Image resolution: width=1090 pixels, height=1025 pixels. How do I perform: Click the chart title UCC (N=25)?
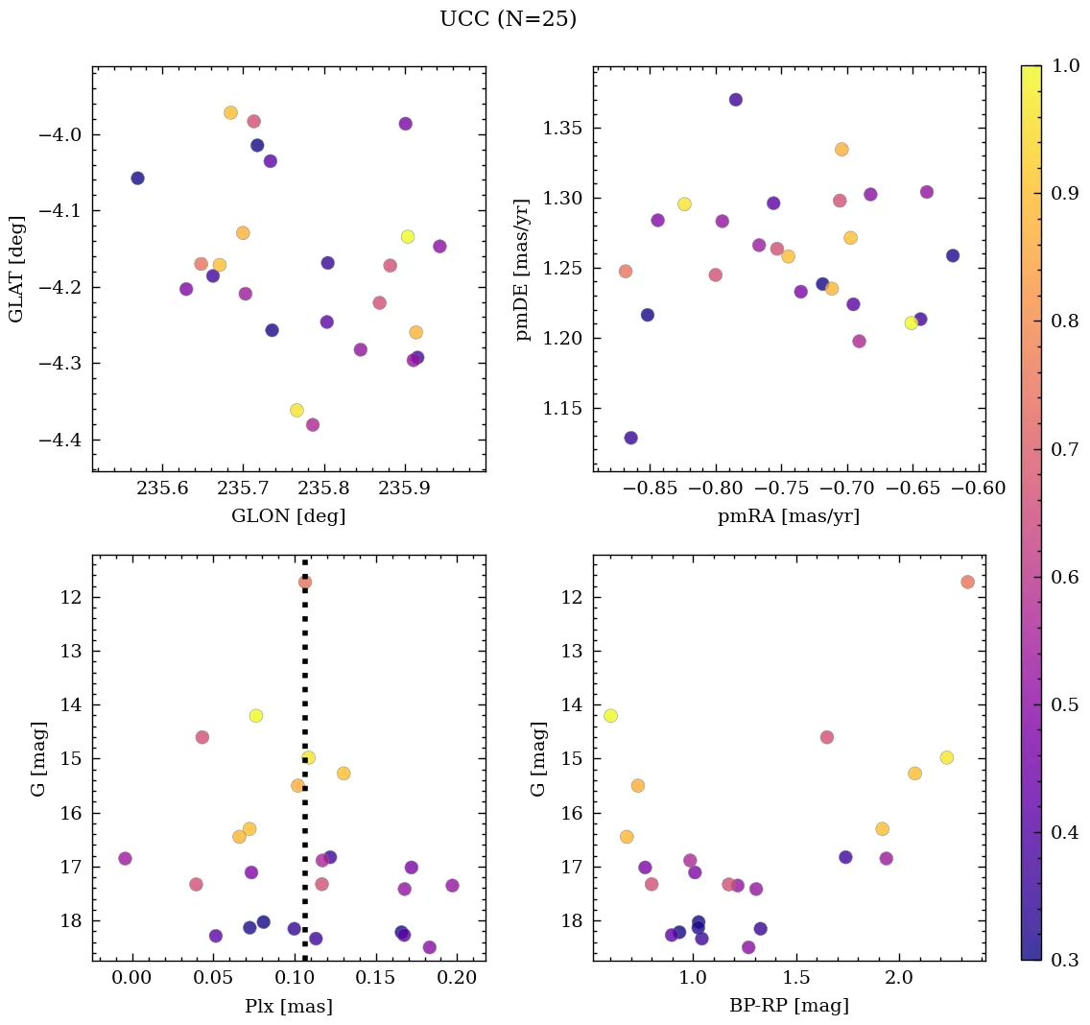point(508,19)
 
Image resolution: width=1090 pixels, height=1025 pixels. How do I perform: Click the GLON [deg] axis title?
point(288,516)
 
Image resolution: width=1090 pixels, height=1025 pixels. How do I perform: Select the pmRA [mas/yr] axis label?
point(788,516)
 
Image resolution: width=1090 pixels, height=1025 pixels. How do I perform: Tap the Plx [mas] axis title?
point(288,1006)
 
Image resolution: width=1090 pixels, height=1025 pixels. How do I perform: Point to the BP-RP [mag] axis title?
point(788,1006)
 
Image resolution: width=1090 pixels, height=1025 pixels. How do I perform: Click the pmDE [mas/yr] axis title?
point(522,270)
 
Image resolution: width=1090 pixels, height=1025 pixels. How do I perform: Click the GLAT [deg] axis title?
point(16,270)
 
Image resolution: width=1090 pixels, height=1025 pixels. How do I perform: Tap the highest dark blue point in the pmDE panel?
point(736,100)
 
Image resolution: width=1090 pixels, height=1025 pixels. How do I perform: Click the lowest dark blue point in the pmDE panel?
point(631,438)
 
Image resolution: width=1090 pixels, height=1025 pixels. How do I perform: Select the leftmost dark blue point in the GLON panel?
point(137,178)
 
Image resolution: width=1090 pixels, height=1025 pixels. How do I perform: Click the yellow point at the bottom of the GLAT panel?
point(296,411)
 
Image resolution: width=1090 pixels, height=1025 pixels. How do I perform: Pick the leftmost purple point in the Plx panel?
point(125,858)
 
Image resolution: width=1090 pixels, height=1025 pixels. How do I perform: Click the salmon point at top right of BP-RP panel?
point(967,582)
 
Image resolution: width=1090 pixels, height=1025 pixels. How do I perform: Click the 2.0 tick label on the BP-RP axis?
point(899,979)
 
